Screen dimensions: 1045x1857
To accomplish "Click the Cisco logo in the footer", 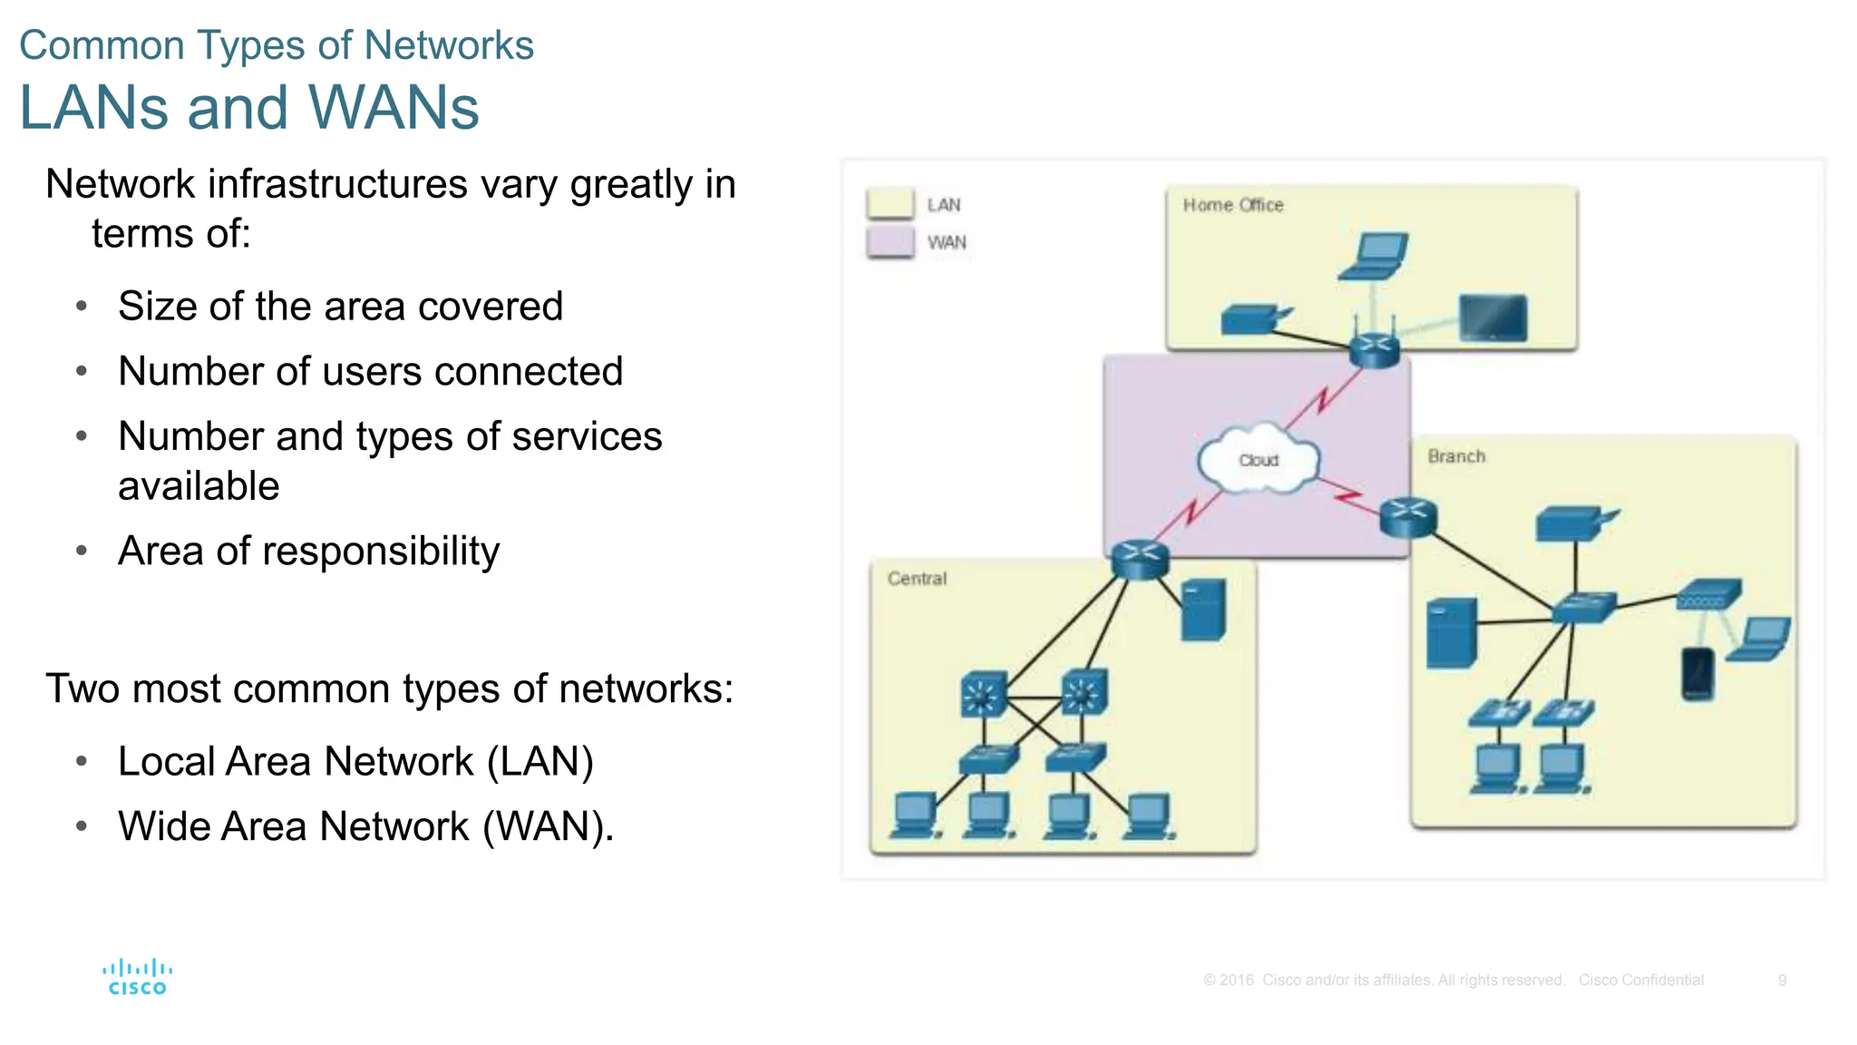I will (137, 977).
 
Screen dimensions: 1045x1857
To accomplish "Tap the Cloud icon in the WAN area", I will (1258, 460).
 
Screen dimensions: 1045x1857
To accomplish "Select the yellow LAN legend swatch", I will (890, 203).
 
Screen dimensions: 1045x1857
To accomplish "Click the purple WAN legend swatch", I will (890, 242).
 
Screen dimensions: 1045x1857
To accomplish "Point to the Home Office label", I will (1232, 205).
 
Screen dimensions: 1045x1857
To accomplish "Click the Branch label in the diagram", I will (1456, 456).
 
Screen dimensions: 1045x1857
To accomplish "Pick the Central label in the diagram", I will (917, 579).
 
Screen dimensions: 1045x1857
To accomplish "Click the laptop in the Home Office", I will (1375, 257).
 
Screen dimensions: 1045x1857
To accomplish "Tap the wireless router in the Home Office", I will (1374, 347).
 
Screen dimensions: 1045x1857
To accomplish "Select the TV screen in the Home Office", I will (1492, 318).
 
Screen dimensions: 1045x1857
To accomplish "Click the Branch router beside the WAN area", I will (1407, 517).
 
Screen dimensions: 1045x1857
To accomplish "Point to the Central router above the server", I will (1140, 559).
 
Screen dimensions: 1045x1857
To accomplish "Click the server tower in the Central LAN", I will (1204, 609).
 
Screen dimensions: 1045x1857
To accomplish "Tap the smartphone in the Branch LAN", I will (1697, 674).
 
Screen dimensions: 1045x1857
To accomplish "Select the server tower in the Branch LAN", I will (1451, 633).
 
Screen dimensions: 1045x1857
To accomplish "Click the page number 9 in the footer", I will (1782, 980).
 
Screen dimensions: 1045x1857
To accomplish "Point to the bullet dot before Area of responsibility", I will (82, 551).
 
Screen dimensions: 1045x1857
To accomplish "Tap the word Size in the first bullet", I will (157, 307).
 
